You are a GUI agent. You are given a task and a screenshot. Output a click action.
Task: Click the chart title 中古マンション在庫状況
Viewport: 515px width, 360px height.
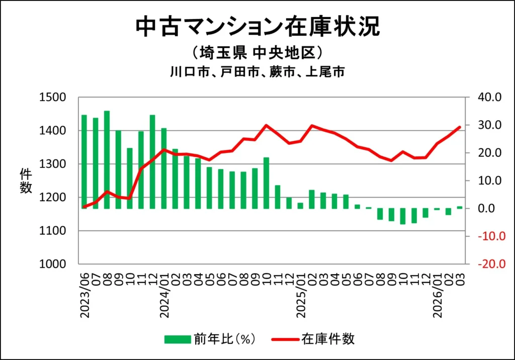coord(257,26)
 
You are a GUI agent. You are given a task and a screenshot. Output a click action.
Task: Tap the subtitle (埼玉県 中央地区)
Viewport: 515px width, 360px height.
coord(257,53)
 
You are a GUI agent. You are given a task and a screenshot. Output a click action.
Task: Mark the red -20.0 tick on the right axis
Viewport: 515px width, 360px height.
coord(484,264)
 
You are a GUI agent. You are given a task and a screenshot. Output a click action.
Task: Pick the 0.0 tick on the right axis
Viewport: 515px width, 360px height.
coord(488,208)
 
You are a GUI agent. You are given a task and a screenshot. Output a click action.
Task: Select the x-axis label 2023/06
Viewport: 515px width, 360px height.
coord(84,297)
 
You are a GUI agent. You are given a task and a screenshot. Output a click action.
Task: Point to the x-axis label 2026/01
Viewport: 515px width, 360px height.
coord(438,297)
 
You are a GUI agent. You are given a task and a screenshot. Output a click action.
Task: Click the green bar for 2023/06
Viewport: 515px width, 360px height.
coord(84,161)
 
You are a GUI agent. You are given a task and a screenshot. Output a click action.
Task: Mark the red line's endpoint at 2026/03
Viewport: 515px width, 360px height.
coord(460,127)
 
